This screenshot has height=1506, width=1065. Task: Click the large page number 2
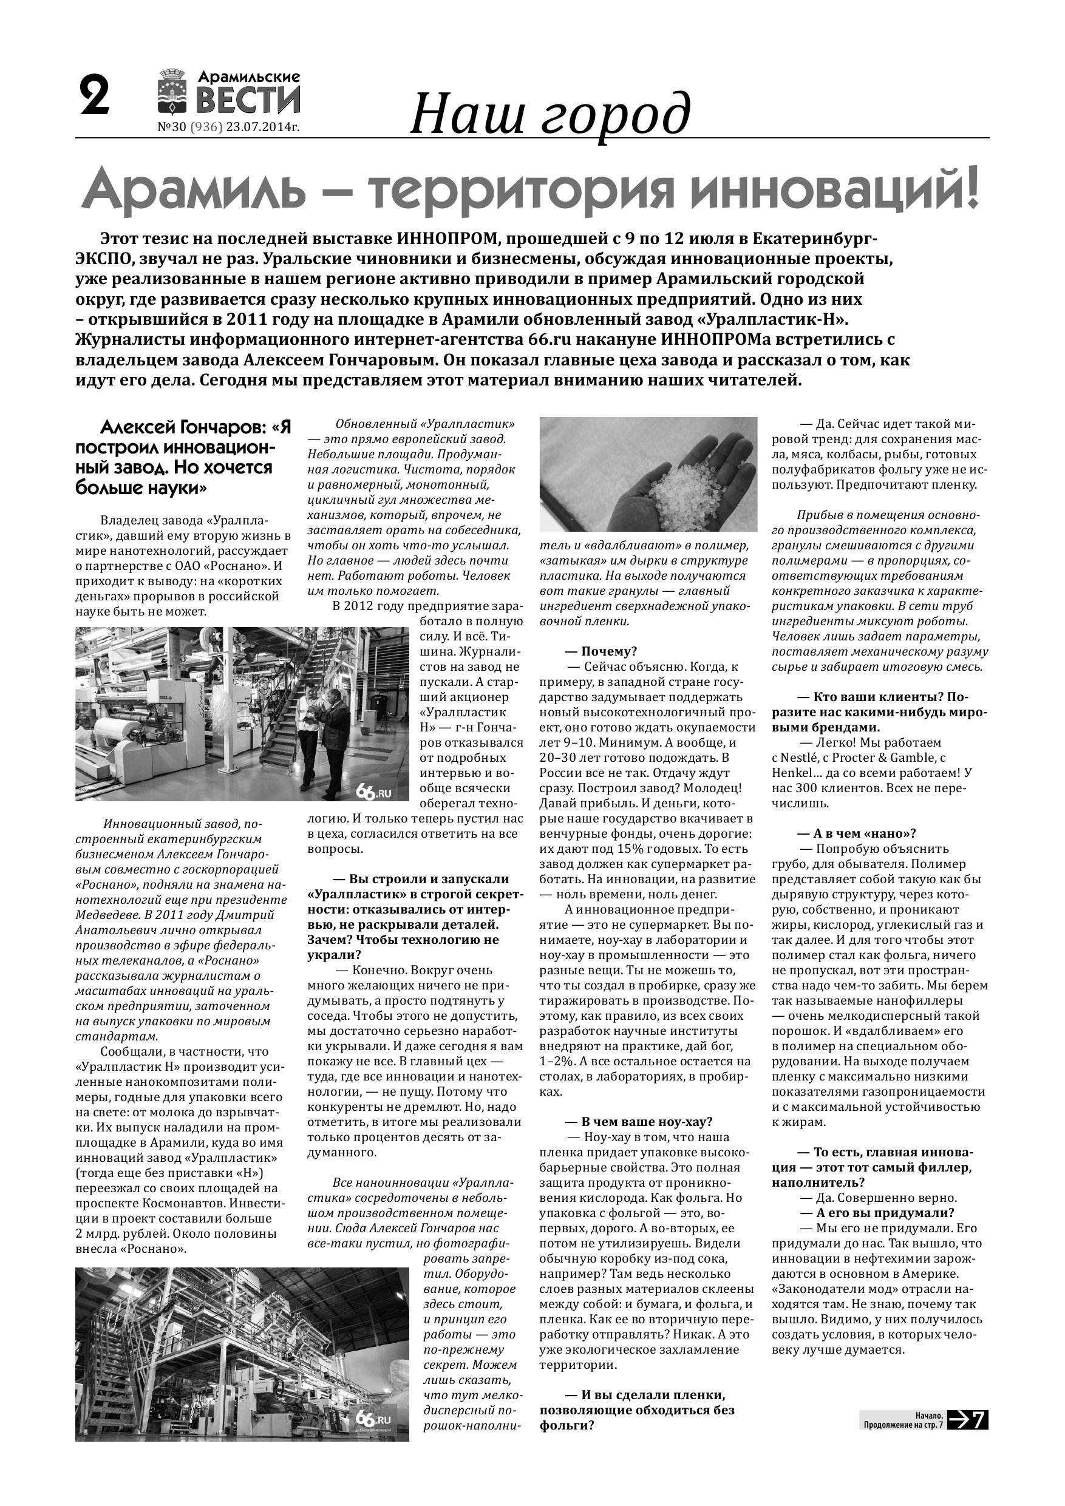95,97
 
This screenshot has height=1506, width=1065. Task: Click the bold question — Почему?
602,651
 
